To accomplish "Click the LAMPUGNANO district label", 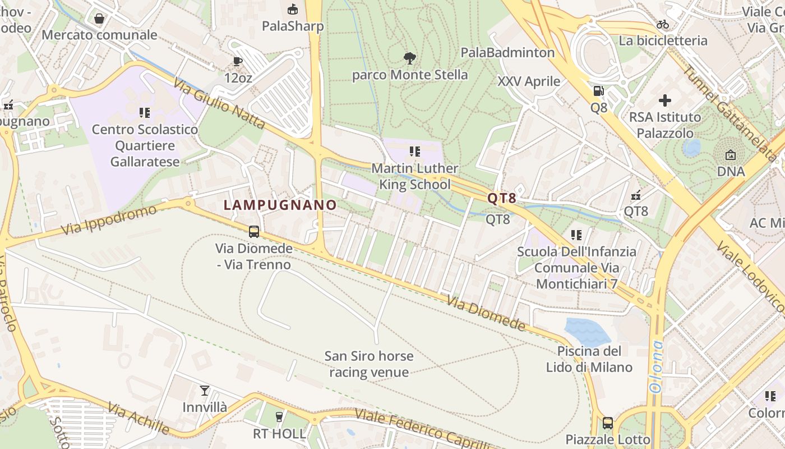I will [x=280, y=205].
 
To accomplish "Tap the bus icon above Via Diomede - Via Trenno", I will [x=254, y=231].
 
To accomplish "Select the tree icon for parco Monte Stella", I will [x=410, y=58].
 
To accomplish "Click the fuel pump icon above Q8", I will [x=599, y=91].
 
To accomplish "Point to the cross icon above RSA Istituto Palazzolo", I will [x=665, y=100].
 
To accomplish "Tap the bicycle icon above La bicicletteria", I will [x=663, y=25].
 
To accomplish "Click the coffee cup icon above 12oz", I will [x=238, y=61].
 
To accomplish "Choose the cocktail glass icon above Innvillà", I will [x=205, y=391].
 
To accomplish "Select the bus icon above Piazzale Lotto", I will [x=608, y=423].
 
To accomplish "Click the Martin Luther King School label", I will [x=415, y=176].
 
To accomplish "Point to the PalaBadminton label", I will [x=507, y=53].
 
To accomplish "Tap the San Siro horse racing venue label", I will [x=369, y=364].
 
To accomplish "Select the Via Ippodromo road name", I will [x=109, y=221].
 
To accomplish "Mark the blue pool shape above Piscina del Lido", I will [x=587, y=331].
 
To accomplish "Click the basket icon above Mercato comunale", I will [x=99, y=19].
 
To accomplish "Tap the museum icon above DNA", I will [x=731, y=155].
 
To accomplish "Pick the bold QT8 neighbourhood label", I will [x=501, y=198].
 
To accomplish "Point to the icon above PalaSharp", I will [x=293, y=10].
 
